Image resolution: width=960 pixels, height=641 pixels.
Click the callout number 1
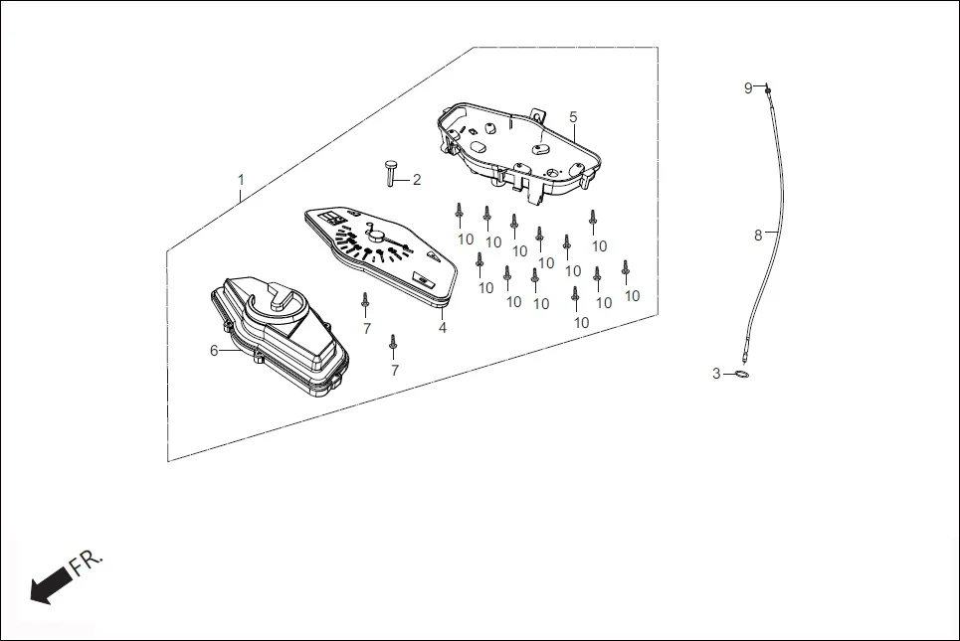click(240, 180)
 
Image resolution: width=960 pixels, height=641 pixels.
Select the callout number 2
click(417, 180)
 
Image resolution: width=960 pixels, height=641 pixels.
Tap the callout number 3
click(715, 374)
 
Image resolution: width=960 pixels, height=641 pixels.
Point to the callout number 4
click(442, 327)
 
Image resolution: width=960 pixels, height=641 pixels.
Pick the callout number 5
click(573, 116)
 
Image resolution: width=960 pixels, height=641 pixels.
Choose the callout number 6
click(213, 350)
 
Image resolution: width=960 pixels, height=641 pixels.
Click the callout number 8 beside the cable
click(758, 236)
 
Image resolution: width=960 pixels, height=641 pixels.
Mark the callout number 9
click(748, 87)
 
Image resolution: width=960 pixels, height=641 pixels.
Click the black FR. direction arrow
click(44, 587)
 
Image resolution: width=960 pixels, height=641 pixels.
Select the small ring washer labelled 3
click(741, 374)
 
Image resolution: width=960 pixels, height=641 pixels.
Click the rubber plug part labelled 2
click(389, 171)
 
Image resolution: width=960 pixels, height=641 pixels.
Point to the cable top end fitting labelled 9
click(769, 90)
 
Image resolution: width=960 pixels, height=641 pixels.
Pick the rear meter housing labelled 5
click(517, 149)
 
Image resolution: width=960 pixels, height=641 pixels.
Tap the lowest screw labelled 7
click(394, 344)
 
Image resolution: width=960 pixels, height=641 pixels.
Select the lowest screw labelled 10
click(575, 297)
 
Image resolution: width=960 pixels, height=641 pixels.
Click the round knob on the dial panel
click(377, 236)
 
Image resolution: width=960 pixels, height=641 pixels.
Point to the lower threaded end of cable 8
click(744, 350)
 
